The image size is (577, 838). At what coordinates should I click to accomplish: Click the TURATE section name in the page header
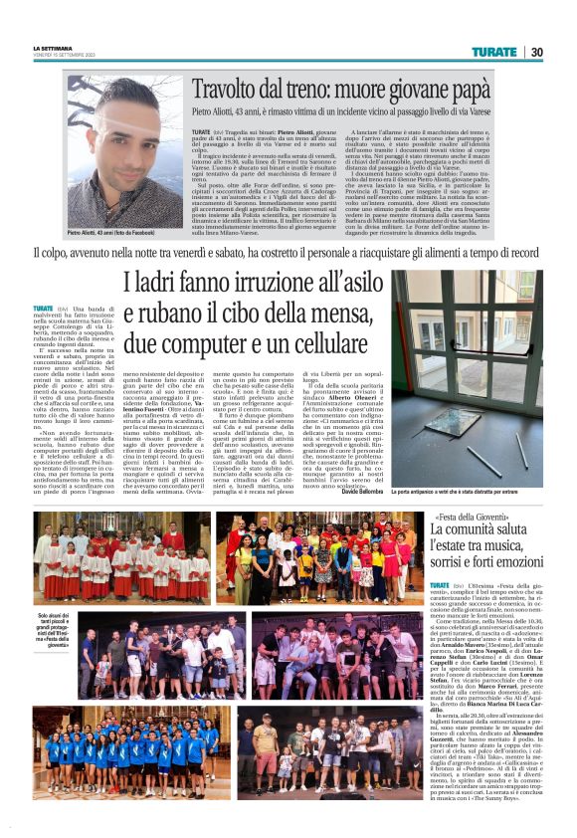click(x=493, y=51)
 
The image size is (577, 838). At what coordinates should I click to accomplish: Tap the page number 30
click(x=535, y=51)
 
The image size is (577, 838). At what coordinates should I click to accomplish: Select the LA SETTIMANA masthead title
click(x=52, y=48)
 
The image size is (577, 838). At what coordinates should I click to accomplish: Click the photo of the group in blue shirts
click(x=129, y=738)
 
